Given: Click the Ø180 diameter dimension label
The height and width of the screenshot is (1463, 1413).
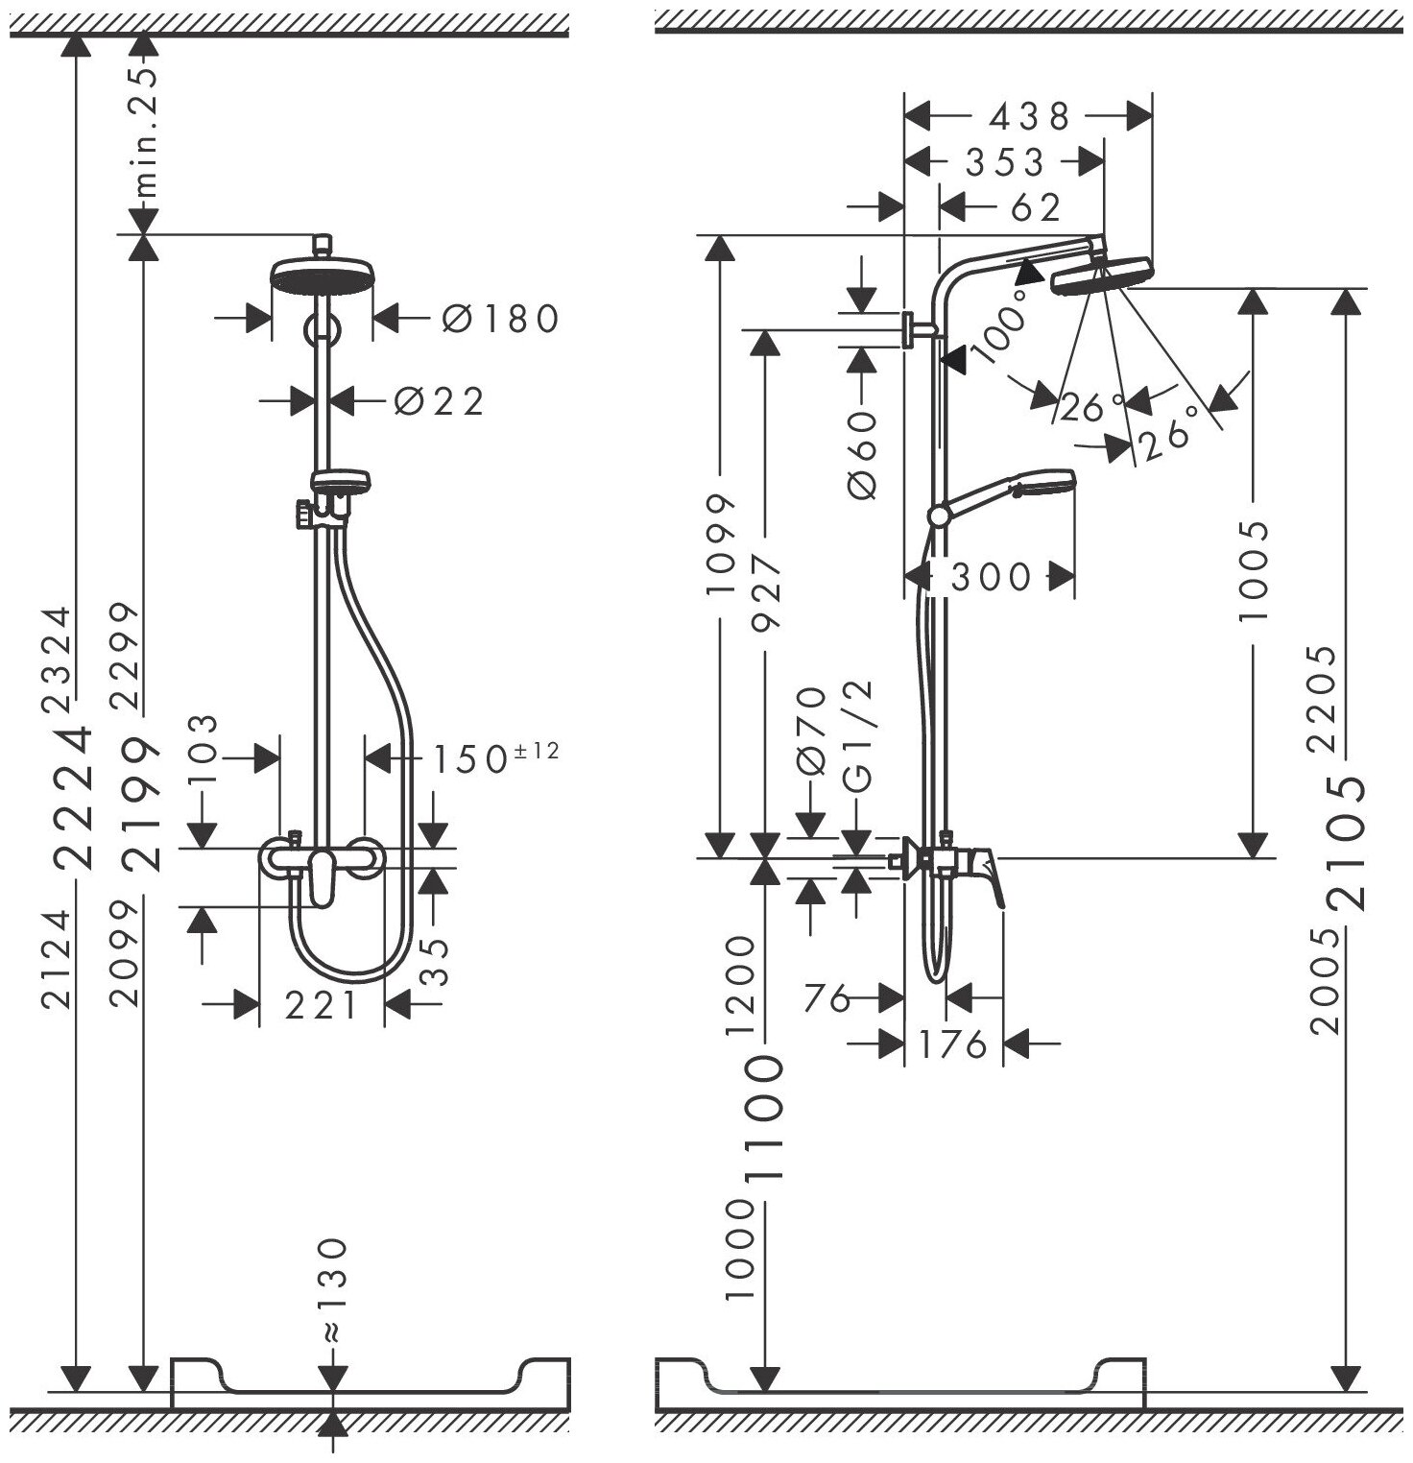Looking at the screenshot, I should click(x=500, y=318).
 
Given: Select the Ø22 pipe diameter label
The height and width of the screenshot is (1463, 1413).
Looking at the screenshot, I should click(x=440, y=401).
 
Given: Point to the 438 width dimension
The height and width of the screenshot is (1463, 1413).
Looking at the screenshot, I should click(x=1029, y=117).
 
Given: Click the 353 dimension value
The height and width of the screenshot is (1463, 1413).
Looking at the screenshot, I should click(x=1004, y=162).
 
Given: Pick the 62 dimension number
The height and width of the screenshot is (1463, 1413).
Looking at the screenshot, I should click(x=1037, y=207).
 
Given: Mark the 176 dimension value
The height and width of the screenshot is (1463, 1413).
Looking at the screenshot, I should click(x=953, y=1043).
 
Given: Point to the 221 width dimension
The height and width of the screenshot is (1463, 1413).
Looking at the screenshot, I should click(x=322, y=1005).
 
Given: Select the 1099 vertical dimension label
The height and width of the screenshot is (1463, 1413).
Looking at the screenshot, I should click(x=720, y=542).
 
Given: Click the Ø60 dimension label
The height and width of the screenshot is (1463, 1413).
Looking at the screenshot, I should click(x=863, y=454).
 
